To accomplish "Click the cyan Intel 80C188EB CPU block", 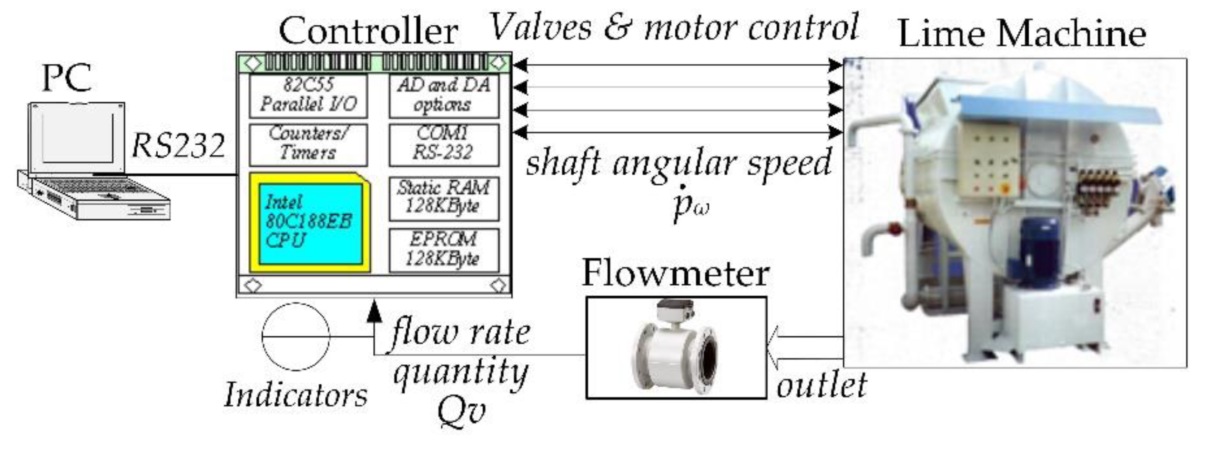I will pos(310,224).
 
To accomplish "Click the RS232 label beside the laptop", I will pos(178,146).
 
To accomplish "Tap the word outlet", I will pos(822,386).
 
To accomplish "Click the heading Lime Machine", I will pos(1022,34).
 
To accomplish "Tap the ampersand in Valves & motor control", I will pos(618,27).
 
